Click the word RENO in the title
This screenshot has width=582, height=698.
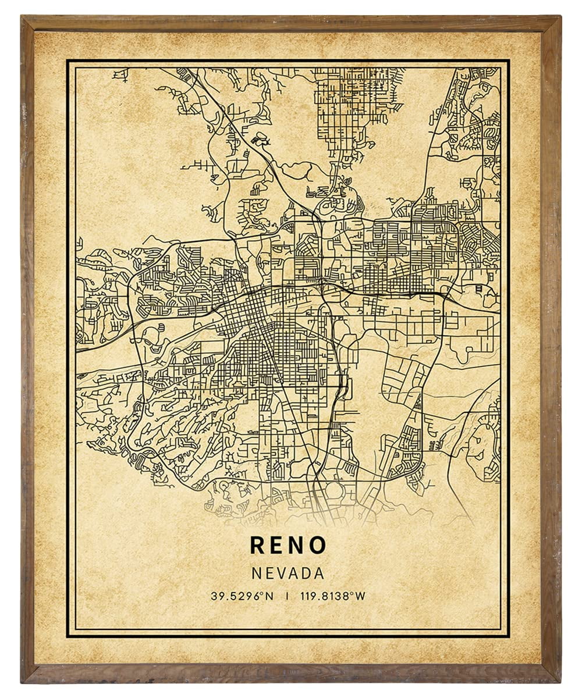[x=288, y=545]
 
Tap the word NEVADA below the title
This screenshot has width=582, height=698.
[x=288, y=573]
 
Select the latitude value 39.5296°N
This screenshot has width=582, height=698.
[x=242, y=596]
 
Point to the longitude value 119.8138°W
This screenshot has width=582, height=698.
[x=333, y=596]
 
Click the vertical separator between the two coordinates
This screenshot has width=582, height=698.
[x=287, y=596]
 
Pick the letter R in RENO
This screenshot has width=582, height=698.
[x=257, y=545]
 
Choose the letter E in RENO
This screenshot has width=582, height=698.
[x=277, y=545]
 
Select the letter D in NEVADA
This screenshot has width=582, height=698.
[x=307, y=573]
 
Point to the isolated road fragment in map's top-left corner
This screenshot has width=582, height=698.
[x=120, y=74]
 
